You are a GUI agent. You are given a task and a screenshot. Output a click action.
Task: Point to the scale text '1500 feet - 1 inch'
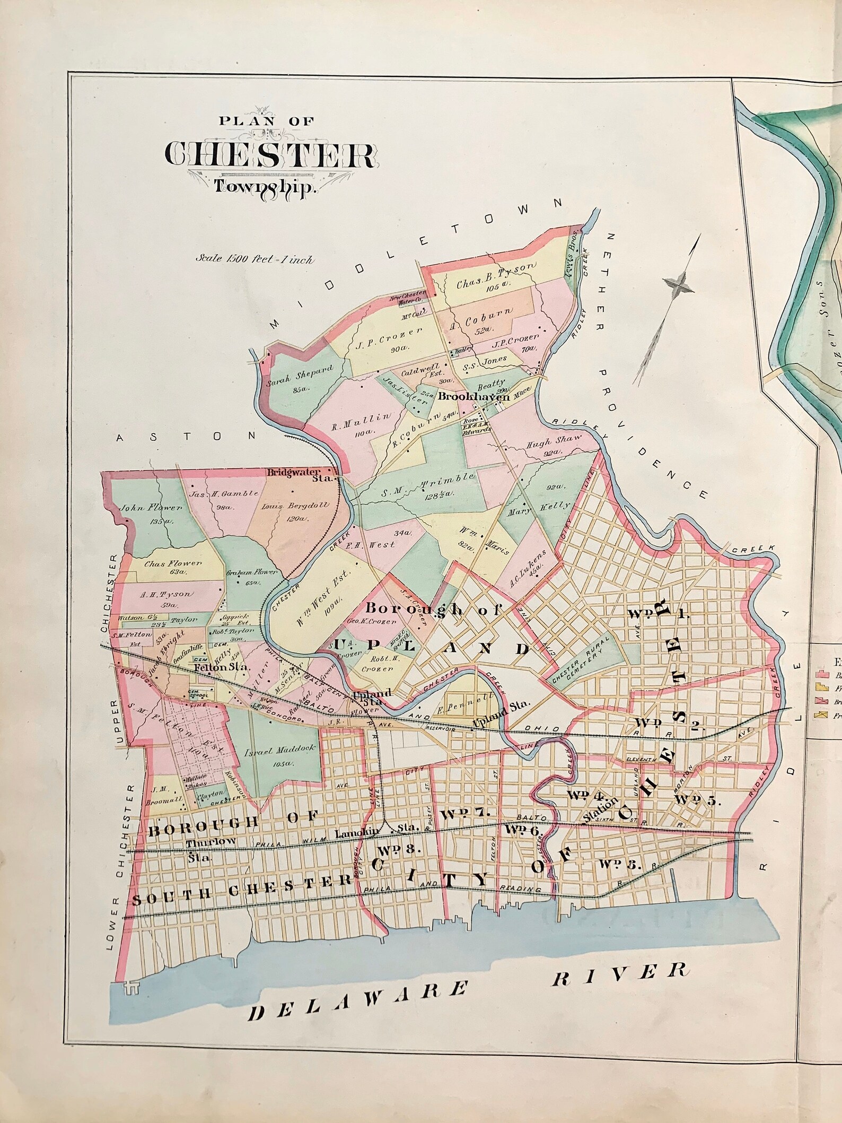click(x=255, y=260)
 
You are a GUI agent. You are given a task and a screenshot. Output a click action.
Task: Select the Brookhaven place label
click(x=474, y=397)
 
